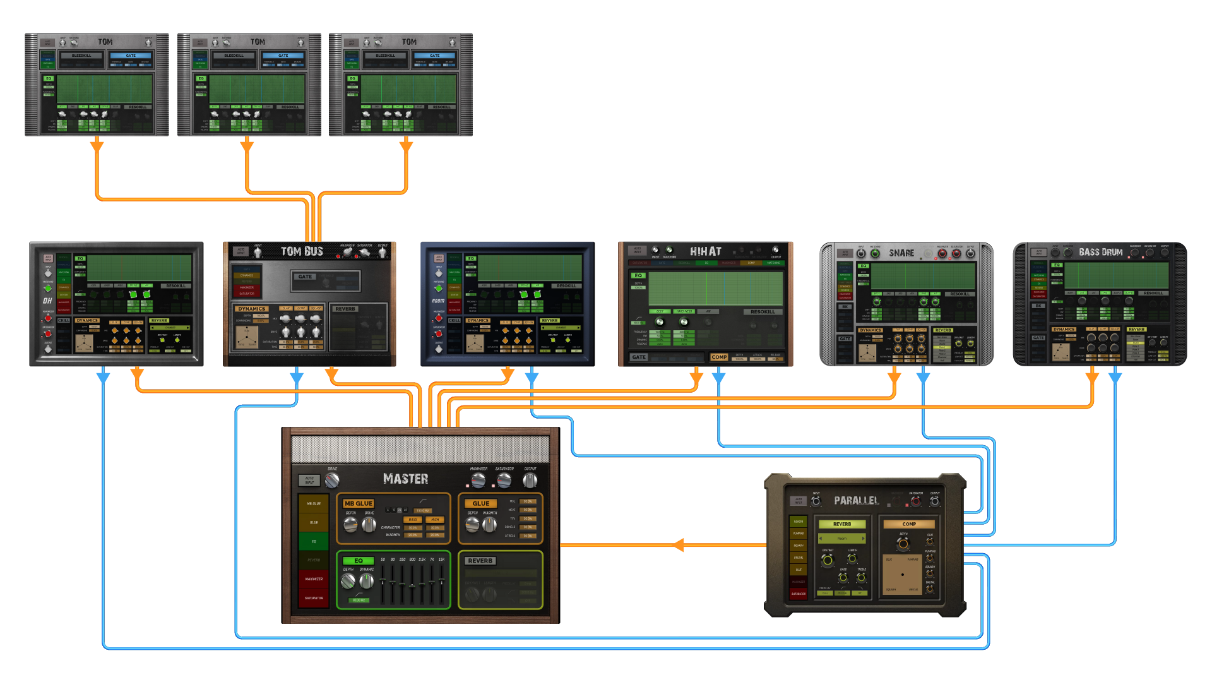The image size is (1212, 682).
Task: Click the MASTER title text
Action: (x=405, y=479)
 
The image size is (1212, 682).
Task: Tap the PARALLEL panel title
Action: (x=856, y=501)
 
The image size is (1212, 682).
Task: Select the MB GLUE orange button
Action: (x=359, y=503)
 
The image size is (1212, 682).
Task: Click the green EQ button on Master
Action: (x=358, y=561)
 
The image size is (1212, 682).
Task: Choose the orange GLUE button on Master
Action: (x=481, y=503)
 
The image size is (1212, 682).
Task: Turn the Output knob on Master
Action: (x=530, y=481)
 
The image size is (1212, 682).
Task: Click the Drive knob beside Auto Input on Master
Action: (x=332, y=481)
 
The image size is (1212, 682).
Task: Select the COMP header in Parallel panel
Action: (x=909, y=524)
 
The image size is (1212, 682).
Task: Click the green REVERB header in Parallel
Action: (x=841, y=524)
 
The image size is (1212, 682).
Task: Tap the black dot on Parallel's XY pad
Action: (x=903, y=575)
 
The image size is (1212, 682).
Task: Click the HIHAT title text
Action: (x=705, y=251)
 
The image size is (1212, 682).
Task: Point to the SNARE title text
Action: (x=901, y=253)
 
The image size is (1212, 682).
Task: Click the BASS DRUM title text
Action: (x=1100, y=252)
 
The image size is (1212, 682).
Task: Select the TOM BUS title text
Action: (x=302, y=251)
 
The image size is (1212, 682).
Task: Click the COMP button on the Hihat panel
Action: (x=719, y=357)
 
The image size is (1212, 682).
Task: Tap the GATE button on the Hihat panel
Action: (x=639, y=357)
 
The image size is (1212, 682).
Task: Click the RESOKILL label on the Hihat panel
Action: (x=763, y=312)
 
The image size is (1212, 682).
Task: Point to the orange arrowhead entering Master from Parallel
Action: (x=679, y=545)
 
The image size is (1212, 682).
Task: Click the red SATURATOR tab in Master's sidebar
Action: (x=314, y=598)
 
